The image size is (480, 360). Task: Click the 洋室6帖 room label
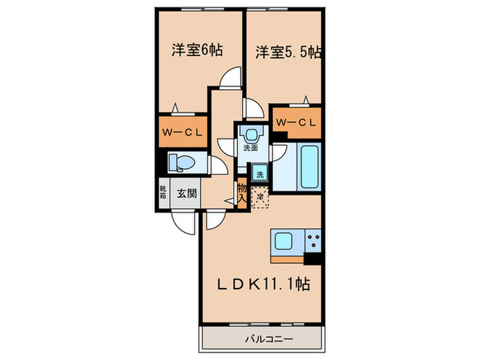(x=197, y=50)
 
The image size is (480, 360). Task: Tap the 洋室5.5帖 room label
(x=288, y=51)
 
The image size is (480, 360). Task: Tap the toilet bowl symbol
(x=182, y=162)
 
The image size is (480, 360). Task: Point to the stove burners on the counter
(x=314, y=241)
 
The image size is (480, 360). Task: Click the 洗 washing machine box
(x=259, y=174)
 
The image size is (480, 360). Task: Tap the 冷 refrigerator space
(x=259, y=197)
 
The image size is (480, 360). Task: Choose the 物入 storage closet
(x=242, y=193)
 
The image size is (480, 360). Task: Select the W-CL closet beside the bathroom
(x=296, y=123)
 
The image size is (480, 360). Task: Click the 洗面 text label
(x=250, y=147)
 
